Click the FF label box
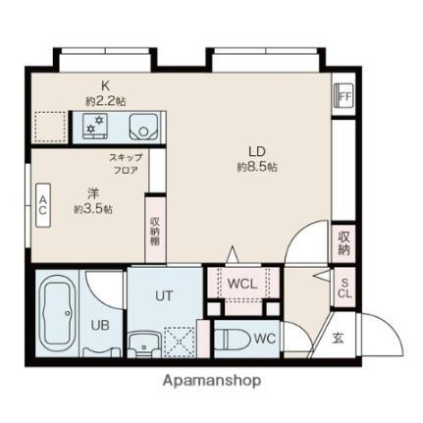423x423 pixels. pyautogui.click(x=344, y=97)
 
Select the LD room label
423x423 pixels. pyautogui.click(x=256, y=151)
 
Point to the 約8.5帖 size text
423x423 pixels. pyautogui.click(x=256, y=168)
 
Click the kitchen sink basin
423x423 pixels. pyautogui.click(x=143, y=127)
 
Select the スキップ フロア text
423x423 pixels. pyautogui.click(x=125, y=163)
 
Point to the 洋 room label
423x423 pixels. pyautogui.click(x=92, y=193)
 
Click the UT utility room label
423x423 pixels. pyautogui.click(x=164, y=293)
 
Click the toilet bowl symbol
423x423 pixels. pyautogui.click(x=233, y=340)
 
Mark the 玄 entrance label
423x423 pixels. pyautogui.click(x=337, y=339)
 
